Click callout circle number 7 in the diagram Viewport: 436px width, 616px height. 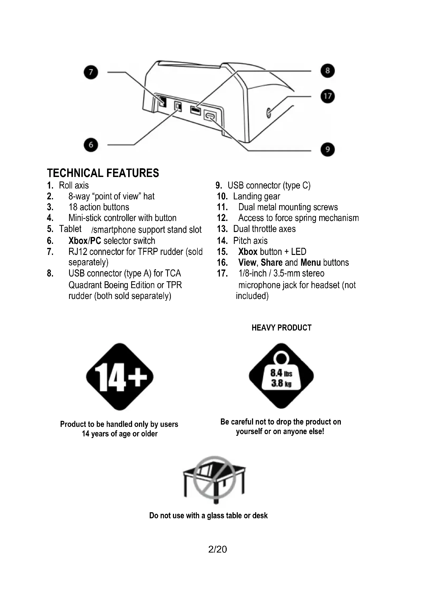91,72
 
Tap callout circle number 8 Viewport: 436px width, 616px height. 328,71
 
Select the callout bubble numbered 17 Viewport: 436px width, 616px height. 328,96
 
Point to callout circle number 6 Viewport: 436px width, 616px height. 91,145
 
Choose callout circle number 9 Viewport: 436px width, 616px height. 328,149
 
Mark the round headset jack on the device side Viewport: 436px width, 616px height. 268,113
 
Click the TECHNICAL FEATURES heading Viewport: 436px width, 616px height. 103,173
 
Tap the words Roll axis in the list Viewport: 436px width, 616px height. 74,185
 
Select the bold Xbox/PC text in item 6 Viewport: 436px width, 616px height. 85,241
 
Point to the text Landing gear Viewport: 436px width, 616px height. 256,196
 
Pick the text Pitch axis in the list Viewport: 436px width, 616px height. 250,241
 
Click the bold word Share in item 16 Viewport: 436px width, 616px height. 272,262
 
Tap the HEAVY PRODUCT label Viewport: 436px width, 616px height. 281,328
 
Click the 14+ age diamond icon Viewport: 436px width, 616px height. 120,377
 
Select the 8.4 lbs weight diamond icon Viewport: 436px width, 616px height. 281,376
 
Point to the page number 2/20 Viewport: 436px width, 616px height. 217,549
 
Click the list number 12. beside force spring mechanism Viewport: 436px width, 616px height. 222,218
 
